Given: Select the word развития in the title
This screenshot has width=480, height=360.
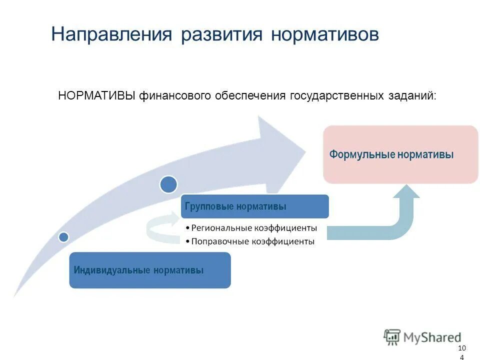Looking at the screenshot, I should (221, 34).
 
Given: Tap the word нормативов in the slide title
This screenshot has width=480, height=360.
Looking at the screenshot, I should (325, 34).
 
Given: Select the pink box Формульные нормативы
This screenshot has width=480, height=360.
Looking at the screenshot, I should (400, 154).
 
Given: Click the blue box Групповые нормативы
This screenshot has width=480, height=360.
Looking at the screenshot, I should (255, 206).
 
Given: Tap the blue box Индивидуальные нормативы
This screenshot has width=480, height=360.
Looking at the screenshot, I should (150, 270).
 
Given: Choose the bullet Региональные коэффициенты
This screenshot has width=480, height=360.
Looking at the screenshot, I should (253, 228).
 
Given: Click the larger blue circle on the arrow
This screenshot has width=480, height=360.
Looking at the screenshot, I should (168, 184).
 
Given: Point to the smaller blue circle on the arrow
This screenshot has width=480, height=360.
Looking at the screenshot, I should (63, 236).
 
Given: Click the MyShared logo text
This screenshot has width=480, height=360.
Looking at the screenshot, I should (432, 337).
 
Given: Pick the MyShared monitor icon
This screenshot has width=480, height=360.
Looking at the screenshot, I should (392, 336).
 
